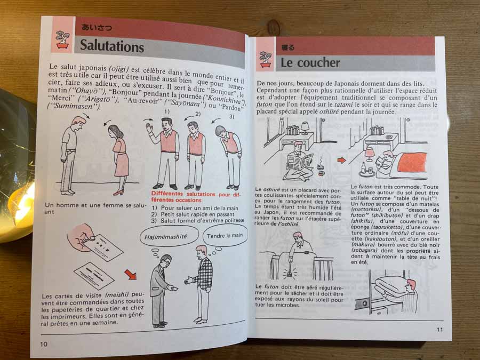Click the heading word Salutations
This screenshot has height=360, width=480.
[112, 46]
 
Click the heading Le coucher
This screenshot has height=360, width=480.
[310, 62]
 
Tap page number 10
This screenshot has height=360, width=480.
[44, 344]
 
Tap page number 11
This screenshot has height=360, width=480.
[439, 330]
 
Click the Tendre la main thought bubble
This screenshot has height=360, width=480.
[225, 235]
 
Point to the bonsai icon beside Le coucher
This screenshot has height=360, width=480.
[265, 59]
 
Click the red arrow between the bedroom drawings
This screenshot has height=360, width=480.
[341, 160]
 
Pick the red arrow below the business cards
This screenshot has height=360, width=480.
[131, 274]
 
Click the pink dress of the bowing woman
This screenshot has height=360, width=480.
[121, 156]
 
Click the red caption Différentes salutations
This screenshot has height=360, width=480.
[196, 197]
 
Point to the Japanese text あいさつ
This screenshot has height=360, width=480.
[97, 27]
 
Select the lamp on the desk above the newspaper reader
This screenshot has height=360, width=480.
[305, 127]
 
